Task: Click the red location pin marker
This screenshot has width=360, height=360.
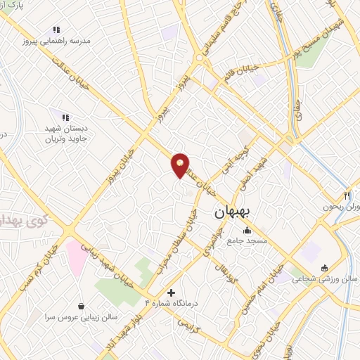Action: click(180, 165)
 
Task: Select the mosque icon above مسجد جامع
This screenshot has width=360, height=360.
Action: click(246, 230)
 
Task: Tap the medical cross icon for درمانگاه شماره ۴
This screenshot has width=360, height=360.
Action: click(171, 292)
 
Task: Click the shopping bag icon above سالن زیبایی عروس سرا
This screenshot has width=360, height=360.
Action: click(83, 307)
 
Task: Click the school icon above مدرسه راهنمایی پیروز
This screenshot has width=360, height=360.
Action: click(56, 30)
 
